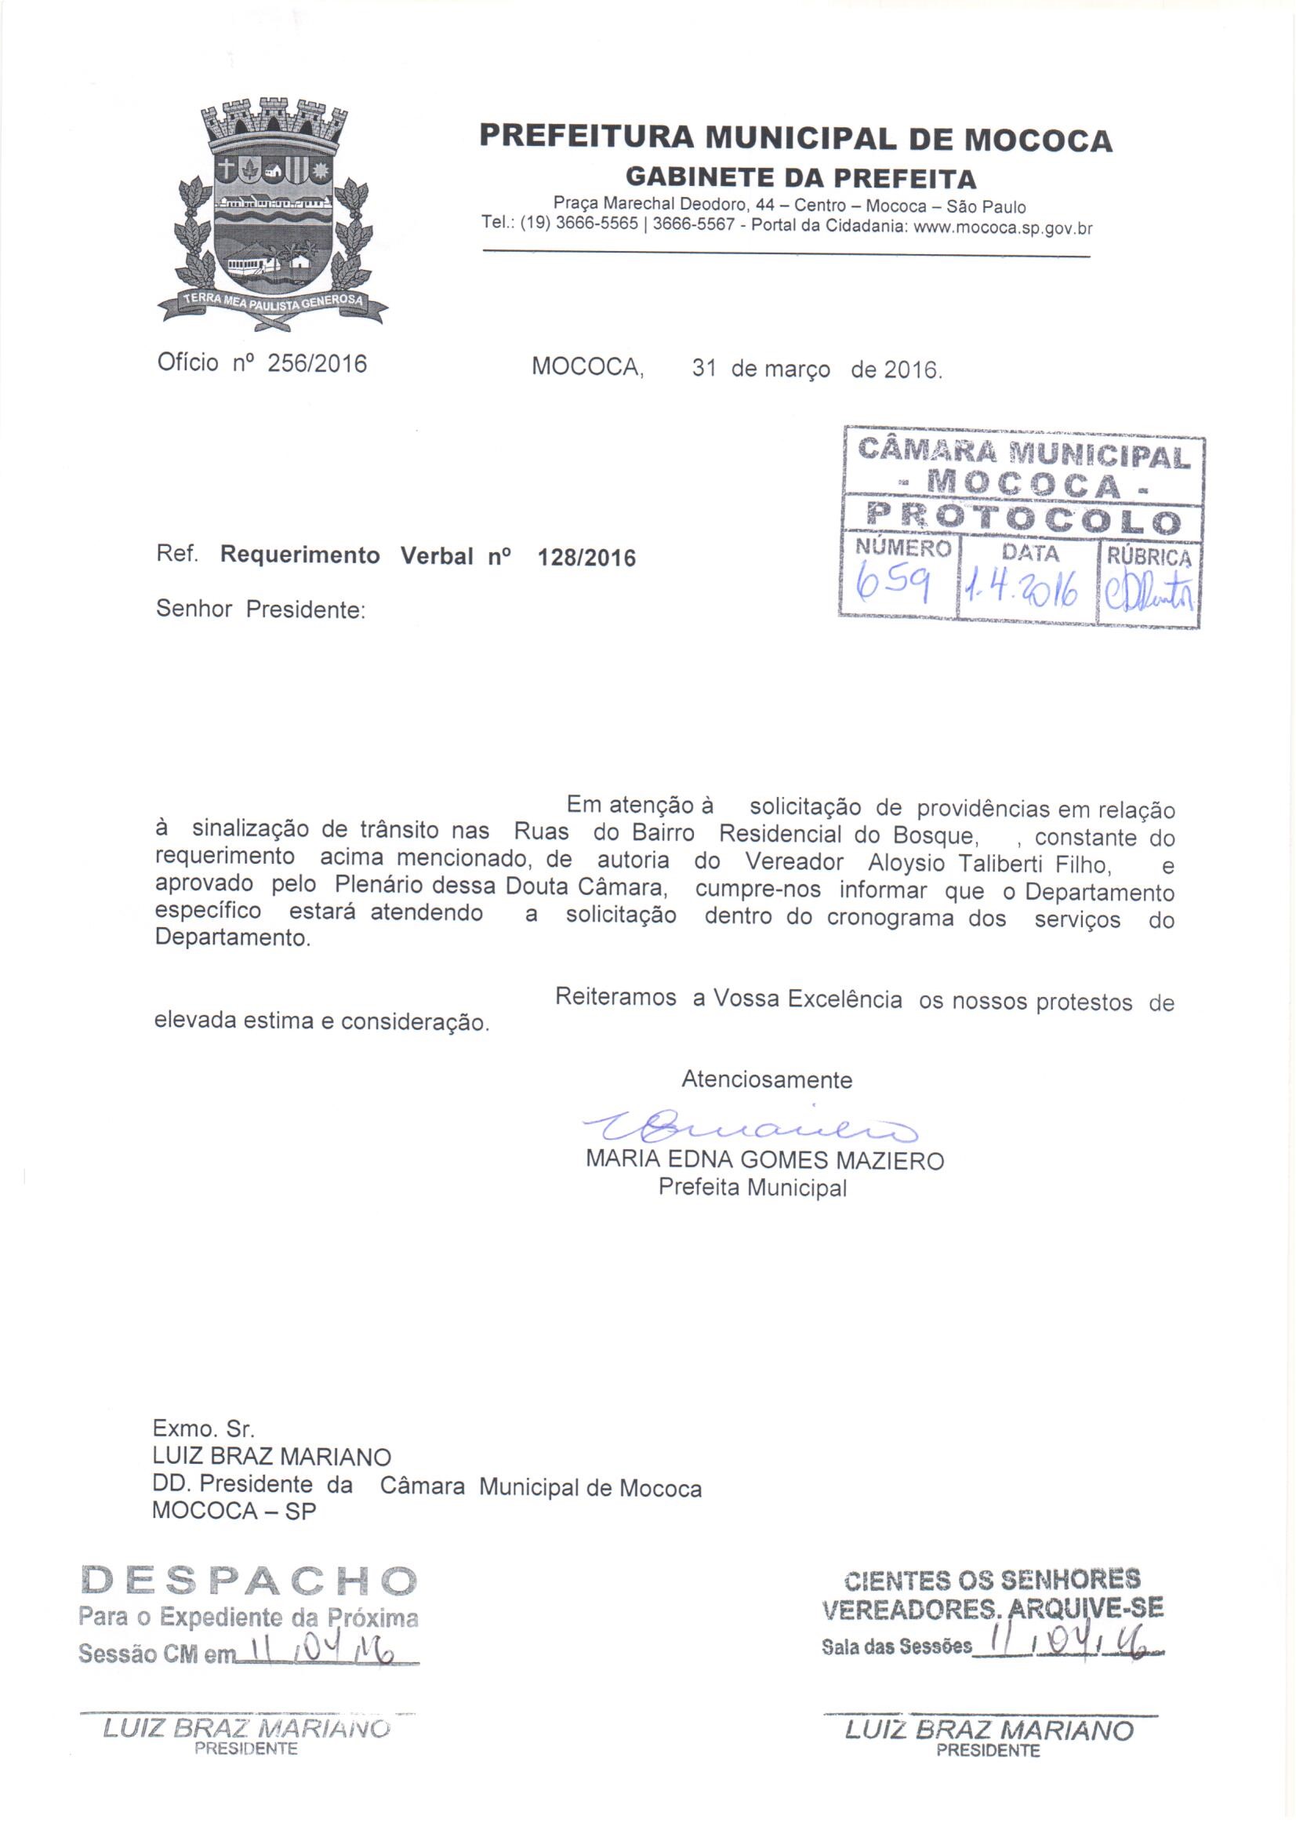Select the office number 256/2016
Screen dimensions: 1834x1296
click(317, 363)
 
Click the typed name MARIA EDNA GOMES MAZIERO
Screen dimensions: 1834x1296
click(764, 1161)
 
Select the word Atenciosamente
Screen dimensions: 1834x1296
click(767, 1080)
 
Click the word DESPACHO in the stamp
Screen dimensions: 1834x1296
click(249, 1580)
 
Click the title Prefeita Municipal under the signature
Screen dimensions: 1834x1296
click(751, 1188)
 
